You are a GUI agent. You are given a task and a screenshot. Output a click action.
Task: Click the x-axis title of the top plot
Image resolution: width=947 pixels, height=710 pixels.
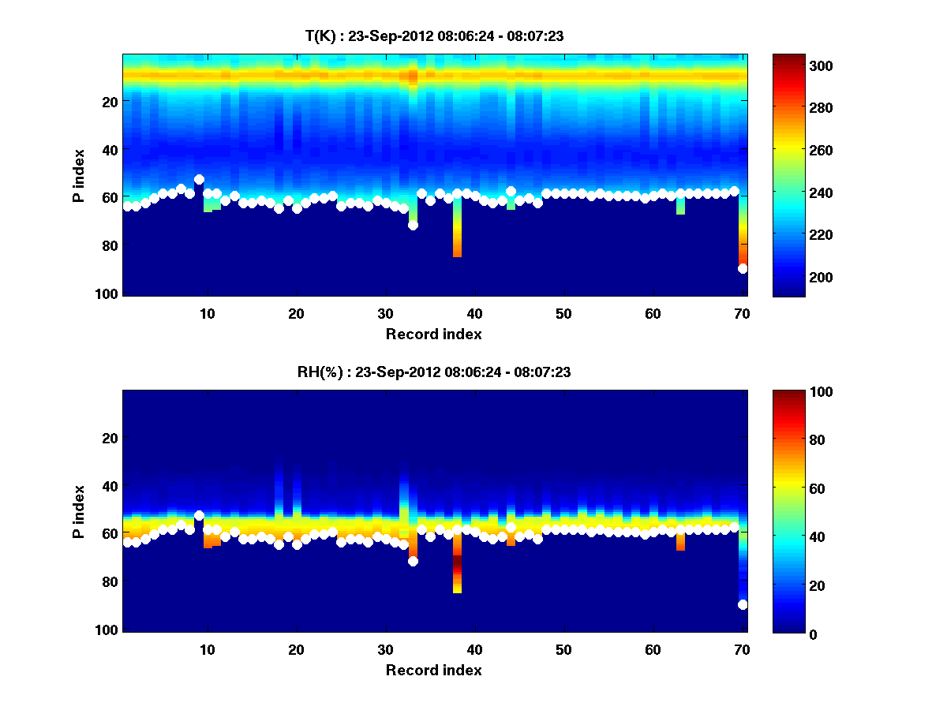tap(433, 334)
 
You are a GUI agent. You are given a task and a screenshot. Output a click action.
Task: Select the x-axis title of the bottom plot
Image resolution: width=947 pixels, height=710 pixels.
tap(433, 670)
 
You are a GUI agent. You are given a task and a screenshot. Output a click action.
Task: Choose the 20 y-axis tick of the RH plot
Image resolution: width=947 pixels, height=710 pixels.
tap(110, 438)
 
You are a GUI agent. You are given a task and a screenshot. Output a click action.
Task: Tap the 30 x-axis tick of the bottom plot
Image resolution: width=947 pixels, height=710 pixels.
tap(385, 650)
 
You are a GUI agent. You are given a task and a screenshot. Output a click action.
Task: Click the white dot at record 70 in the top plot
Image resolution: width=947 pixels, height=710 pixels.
tap(743, 269)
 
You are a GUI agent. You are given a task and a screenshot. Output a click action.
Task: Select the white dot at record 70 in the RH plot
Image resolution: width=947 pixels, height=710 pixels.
tap(743, 605)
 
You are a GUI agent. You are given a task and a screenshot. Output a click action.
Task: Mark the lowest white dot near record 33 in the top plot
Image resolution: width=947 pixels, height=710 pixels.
tap(413, 225)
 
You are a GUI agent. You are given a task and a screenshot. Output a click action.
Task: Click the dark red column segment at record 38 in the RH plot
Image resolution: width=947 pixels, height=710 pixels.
tap(457, 566)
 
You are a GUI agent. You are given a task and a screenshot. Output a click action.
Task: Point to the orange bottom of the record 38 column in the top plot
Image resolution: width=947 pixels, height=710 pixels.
tap(457, 251)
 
